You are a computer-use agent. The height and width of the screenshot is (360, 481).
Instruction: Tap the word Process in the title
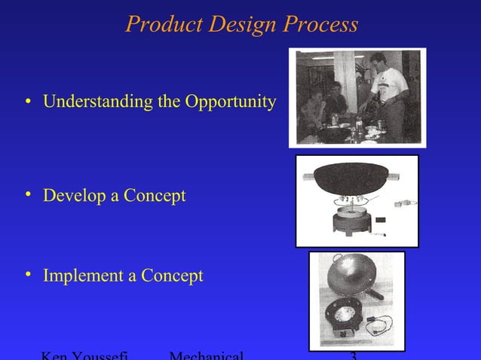tap(319, 25)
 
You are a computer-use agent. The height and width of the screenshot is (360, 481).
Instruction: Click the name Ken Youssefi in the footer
tap(84, 355)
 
